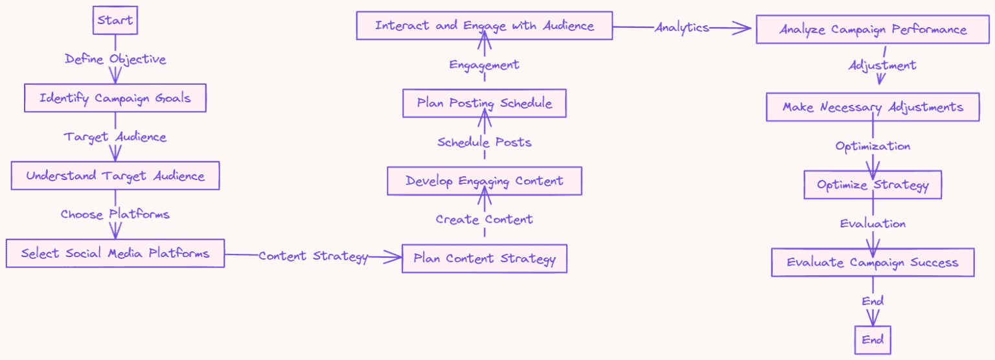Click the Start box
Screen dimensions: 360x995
(x=115, y=21)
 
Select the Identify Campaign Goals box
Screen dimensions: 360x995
(x=115, y=98)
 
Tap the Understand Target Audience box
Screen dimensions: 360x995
(x=115, y=175)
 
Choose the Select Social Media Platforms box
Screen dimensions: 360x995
(x=115, y=253)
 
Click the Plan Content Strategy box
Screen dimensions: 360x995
(x=485, y=259)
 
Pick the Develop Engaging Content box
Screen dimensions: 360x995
(x=485, y=181)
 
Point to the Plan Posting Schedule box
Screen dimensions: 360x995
(x=485, y=104)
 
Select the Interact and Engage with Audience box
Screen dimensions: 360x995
(x=485, y=26)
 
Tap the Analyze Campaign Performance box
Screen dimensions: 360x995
(x=873, y=30)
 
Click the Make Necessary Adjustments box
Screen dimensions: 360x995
(x=873, y=107)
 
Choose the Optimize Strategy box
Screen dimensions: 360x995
(x=873, y=185)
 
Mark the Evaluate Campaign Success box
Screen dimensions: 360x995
(x=873, y=262)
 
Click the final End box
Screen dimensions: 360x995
(x=873, y=340)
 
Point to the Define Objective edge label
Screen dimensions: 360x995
(x=115, y=60)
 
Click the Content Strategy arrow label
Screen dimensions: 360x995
(x=314, y=256)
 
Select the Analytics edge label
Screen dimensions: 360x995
(x=682, y=28)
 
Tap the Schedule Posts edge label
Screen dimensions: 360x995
(x=485, y=142)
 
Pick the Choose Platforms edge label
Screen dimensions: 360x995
(x=115, y=214)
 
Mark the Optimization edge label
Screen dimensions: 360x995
(x=873, y=146)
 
